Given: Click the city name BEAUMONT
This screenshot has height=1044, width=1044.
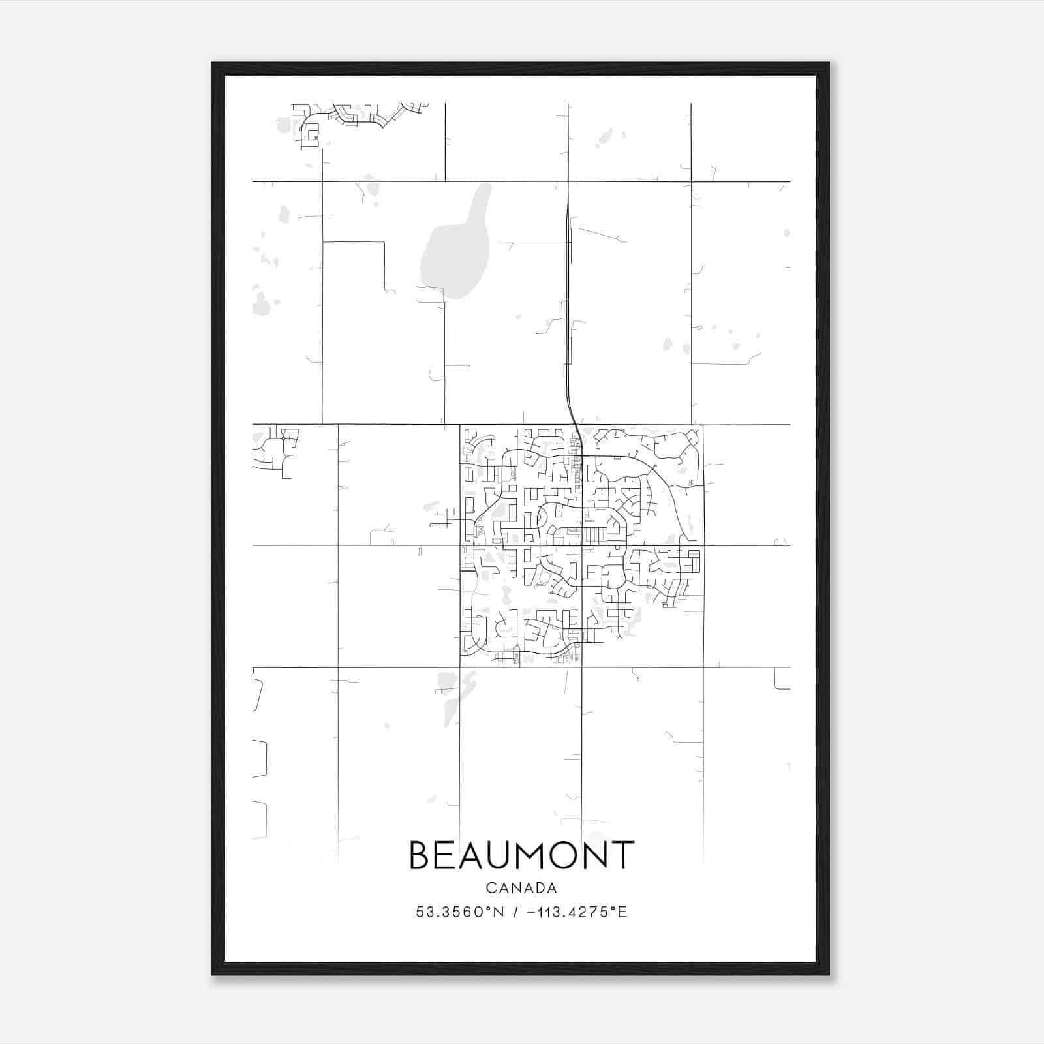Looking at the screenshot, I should point(521,855).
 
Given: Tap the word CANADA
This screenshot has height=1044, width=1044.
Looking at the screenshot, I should point(521,888).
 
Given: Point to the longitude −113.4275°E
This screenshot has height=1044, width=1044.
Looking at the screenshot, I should point(574,912).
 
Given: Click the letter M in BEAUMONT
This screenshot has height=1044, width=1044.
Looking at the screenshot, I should point(530,855).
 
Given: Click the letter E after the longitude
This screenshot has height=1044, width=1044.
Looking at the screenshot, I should point(623,912).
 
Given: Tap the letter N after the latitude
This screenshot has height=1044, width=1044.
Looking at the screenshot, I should point(499,912).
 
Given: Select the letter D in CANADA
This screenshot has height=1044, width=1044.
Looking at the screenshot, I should point(536,888).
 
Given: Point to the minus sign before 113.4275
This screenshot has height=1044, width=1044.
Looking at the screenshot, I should point(530,912).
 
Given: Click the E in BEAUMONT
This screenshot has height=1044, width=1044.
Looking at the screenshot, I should point(446,855).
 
